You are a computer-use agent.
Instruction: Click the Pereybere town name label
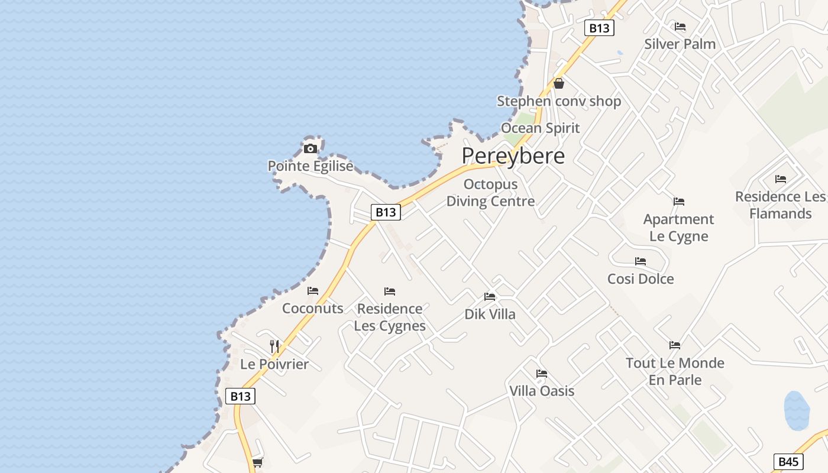point(513,156)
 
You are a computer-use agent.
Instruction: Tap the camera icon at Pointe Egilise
point(310,148)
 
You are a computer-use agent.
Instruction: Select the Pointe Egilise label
point(310,166)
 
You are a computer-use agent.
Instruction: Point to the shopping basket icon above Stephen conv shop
point(559,83)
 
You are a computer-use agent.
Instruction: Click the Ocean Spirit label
point(540,128)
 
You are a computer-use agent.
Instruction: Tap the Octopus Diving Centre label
point(490,193)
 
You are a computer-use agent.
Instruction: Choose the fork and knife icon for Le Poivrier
point(274,346)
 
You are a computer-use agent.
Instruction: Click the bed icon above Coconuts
point(313,291)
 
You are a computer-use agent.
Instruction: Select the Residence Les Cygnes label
point(390,317)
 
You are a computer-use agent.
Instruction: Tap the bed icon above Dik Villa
point(490,297)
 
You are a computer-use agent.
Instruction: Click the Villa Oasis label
point(542,391)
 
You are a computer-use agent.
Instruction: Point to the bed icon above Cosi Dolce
point(641,261)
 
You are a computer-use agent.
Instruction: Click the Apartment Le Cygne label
point(678,228)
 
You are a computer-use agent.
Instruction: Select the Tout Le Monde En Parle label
point(675,371)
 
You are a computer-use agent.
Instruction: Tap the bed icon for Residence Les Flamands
point(781,179)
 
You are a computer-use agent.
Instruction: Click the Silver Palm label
point(680,44)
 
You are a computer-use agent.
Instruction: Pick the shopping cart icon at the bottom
point(257,462)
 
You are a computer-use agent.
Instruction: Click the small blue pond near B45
point(796,410)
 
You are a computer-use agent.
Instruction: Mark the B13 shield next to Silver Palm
point(599,28)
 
